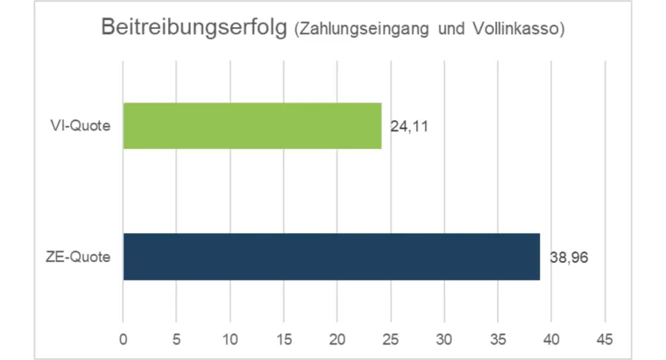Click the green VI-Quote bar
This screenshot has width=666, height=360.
(x=252, y=125)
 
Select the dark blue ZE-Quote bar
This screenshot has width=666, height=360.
(x=331, y=257)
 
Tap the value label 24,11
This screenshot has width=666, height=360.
(x=409, y=127)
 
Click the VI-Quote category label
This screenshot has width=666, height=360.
(x=80, y=126)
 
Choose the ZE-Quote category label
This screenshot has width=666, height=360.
(x=78, y=258)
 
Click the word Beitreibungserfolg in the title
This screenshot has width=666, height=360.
(x=195, y=28)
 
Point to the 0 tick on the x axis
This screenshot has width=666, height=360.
(x=124, y=338)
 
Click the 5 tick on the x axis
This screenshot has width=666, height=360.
(x=177, y=338)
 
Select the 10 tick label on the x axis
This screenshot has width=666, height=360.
(x=230, y=338)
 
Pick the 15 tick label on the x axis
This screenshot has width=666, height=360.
(x=284, y=338)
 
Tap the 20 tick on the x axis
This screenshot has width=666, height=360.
(x=337, y=338)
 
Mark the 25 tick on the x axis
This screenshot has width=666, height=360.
(x=391, y=338)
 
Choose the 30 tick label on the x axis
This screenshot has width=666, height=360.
(x=444, y=338)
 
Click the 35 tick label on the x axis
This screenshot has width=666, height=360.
(x=498, y=338)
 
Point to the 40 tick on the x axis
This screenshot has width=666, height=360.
(x=551, y=338)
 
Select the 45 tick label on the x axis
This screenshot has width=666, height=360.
(x=605, y=338)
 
